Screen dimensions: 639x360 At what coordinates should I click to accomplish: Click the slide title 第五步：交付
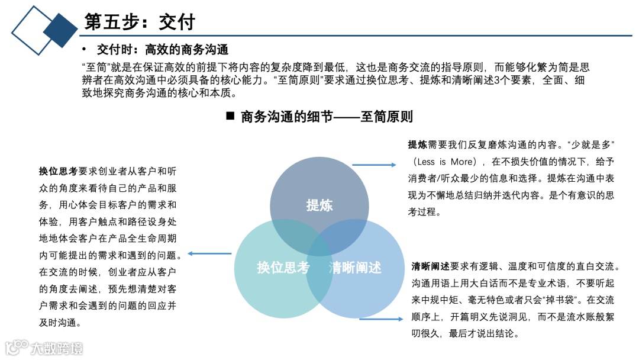[140, 22]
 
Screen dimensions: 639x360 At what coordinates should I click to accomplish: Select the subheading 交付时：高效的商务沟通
[163, 49]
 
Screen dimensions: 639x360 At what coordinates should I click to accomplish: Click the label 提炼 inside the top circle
[319, 205]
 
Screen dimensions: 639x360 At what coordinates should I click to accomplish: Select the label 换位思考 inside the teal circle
[283, 268]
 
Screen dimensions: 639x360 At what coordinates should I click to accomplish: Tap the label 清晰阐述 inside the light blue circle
[355, 268]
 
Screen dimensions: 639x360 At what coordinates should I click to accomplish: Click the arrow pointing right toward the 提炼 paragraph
[374, 165]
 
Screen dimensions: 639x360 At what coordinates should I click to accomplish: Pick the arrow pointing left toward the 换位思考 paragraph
[209, 254]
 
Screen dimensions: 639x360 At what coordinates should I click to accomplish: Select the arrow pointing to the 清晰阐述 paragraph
[381, 320]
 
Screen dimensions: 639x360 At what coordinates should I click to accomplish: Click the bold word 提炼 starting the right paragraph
[417, 144]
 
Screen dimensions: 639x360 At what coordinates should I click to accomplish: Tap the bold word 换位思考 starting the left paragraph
[58, 172]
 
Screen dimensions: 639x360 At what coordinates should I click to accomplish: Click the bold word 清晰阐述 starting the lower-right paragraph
[430, 266]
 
